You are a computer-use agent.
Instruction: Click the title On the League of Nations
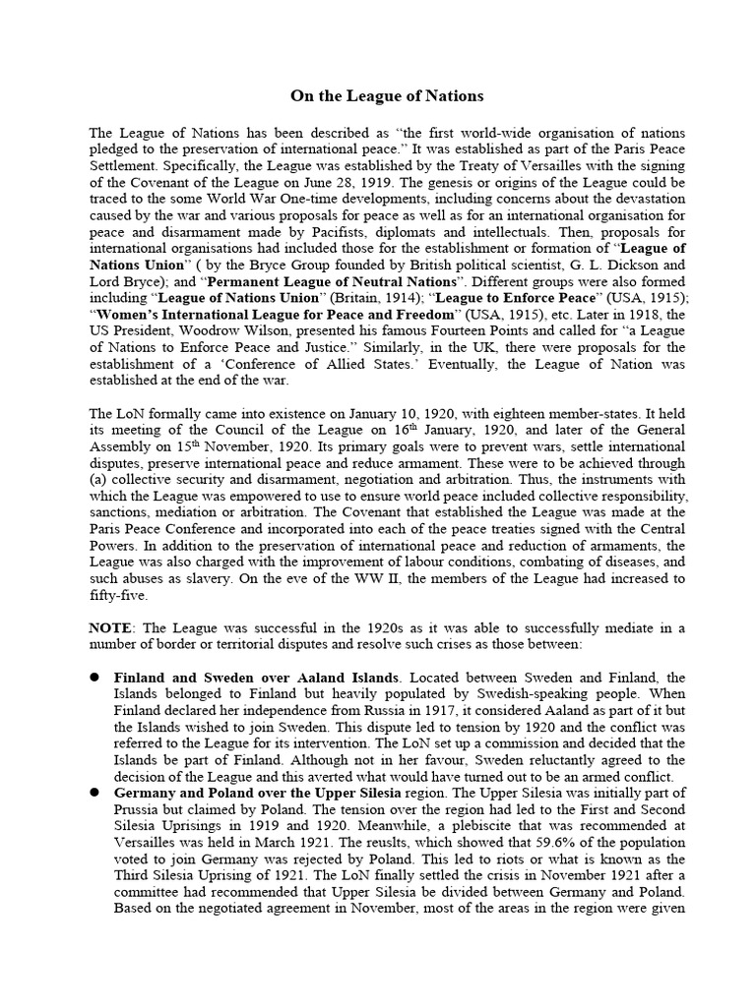(x=387, y=96)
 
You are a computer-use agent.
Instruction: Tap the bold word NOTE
(x=110, y=627)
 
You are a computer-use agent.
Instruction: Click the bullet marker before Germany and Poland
(x=96, y=793)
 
